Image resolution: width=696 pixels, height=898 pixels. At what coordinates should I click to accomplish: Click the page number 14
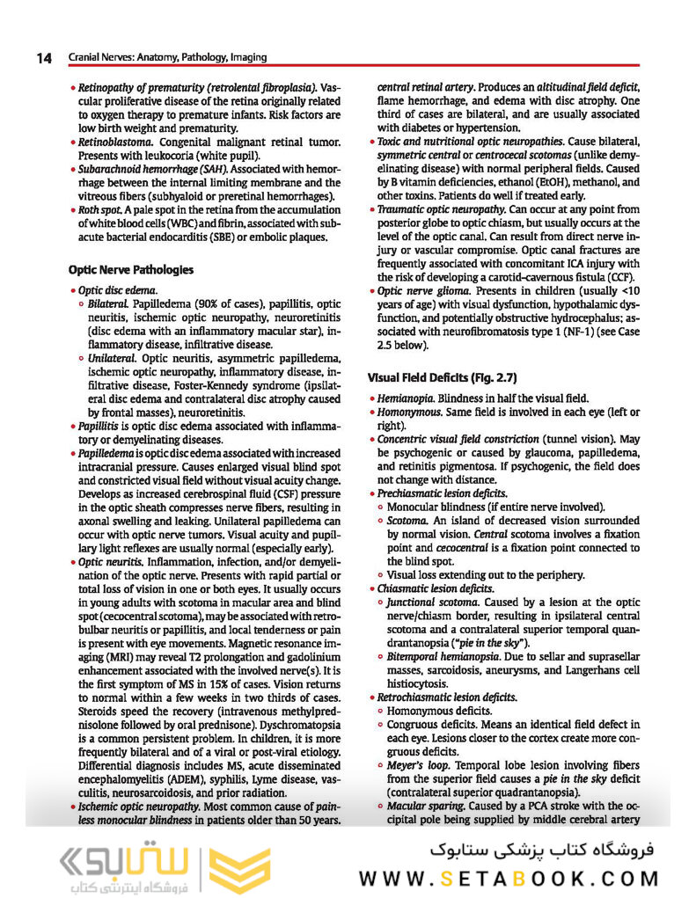click(44, 58)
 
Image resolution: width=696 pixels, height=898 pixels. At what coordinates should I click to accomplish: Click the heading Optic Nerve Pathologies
click(131, 269)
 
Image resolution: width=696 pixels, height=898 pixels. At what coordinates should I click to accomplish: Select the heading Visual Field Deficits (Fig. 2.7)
click(442, 377)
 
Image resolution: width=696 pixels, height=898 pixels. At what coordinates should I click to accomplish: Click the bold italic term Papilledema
click(111, 452)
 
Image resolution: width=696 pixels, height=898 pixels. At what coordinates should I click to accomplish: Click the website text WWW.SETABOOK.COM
click(508, 879)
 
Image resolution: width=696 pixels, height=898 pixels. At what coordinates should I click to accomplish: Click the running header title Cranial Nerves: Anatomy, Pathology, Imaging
click(167, 58)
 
